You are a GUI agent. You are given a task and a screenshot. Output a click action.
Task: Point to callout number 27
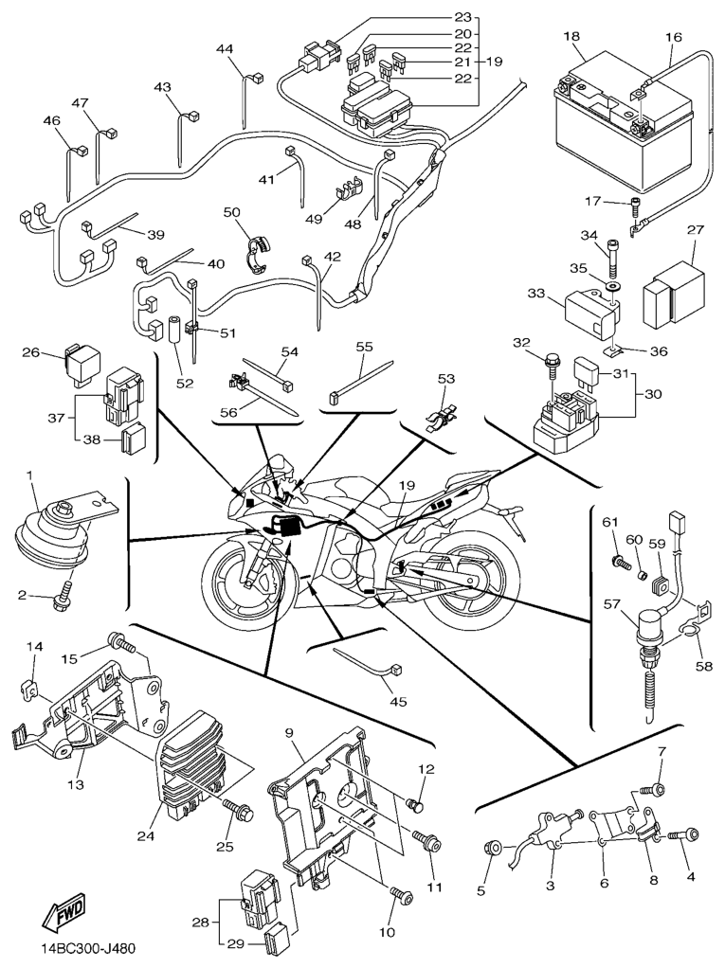tap(696, 230)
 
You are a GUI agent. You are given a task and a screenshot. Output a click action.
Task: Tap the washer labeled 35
tap(611, 284)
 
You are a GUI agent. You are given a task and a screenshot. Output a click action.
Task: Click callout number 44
tap(224, 48)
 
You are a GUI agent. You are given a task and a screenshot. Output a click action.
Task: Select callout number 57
tap(611, 602)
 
